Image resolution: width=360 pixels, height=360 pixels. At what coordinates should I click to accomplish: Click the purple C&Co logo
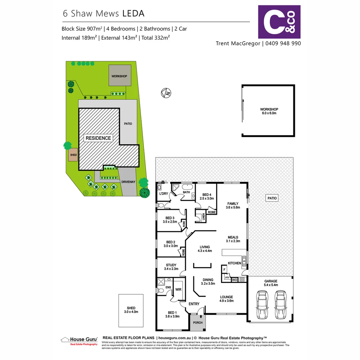click(x=279, y=22)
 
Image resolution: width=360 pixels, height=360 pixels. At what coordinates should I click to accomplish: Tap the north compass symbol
click(x=166, y=92)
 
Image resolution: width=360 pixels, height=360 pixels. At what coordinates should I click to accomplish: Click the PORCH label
click(x=198, y=322)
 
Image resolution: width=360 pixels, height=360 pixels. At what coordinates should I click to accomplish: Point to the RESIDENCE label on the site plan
click(x=98, y=138)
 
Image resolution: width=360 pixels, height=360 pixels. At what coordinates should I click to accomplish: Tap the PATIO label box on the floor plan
click(x=272, y=198)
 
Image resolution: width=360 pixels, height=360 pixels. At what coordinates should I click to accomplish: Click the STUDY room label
click(x=171, y=265)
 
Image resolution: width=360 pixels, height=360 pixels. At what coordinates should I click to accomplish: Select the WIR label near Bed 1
click(x=178, y=290)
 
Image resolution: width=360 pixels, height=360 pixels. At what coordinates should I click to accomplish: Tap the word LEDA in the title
click(x=133, y=13)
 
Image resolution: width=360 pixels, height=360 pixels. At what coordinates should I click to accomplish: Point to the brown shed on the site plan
click(x=73, y=155)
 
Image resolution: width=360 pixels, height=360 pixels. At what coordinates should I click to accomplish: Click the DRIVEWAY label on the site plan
click(x=128, y=182)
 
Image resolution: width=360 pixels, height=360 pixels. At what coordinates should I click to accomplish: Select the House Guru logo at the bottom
click(x=79, y=340)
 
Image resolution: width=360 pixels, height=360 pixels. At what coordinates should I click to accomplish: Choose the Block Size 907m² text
click(x=82, y=29)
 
